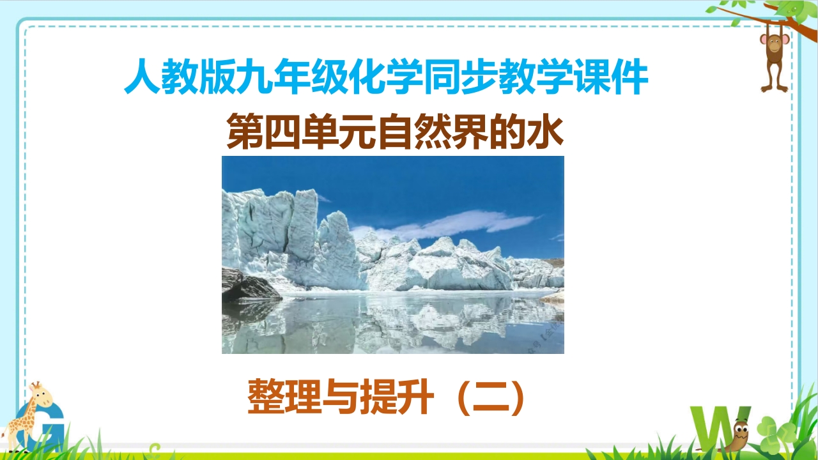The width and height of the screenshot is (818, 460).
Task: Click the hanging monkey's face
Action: click(774, 45)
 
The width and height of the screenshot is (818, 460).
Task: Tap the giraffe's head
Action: click(40, 395)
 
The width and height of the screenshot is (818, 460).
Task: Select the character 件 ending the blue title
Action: click(629, 77)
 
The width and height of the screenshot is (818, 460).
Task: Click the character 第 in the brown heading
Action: click(245, 131)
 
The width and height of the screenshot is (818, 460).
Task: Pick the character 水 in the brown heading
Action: click(545, 131)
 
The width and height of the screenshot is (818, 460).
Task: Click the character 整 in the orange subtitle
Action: click(265, 397)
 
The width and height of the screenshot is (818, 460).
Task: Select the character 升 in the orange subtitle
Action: click(415, 397)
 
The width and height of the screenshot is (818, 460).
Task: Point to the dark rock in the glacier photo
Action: click(249, 285)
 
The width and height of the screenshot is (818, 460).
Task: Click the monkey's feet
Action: click(774, 89)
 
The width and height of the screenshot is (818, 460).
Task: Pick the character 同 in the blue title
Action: click(442, 77)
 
